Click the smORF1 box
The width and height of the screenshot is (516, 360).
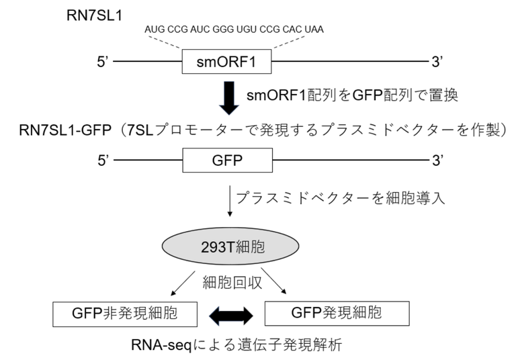coord(228,63)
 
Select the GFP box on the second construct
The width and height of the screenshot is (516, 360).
coord(228,161)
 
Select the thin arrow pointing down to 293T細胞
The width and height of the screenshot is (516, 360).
coord(231,204)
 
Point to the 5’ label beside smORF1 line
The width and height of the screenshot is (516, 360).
coord(103,63)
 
